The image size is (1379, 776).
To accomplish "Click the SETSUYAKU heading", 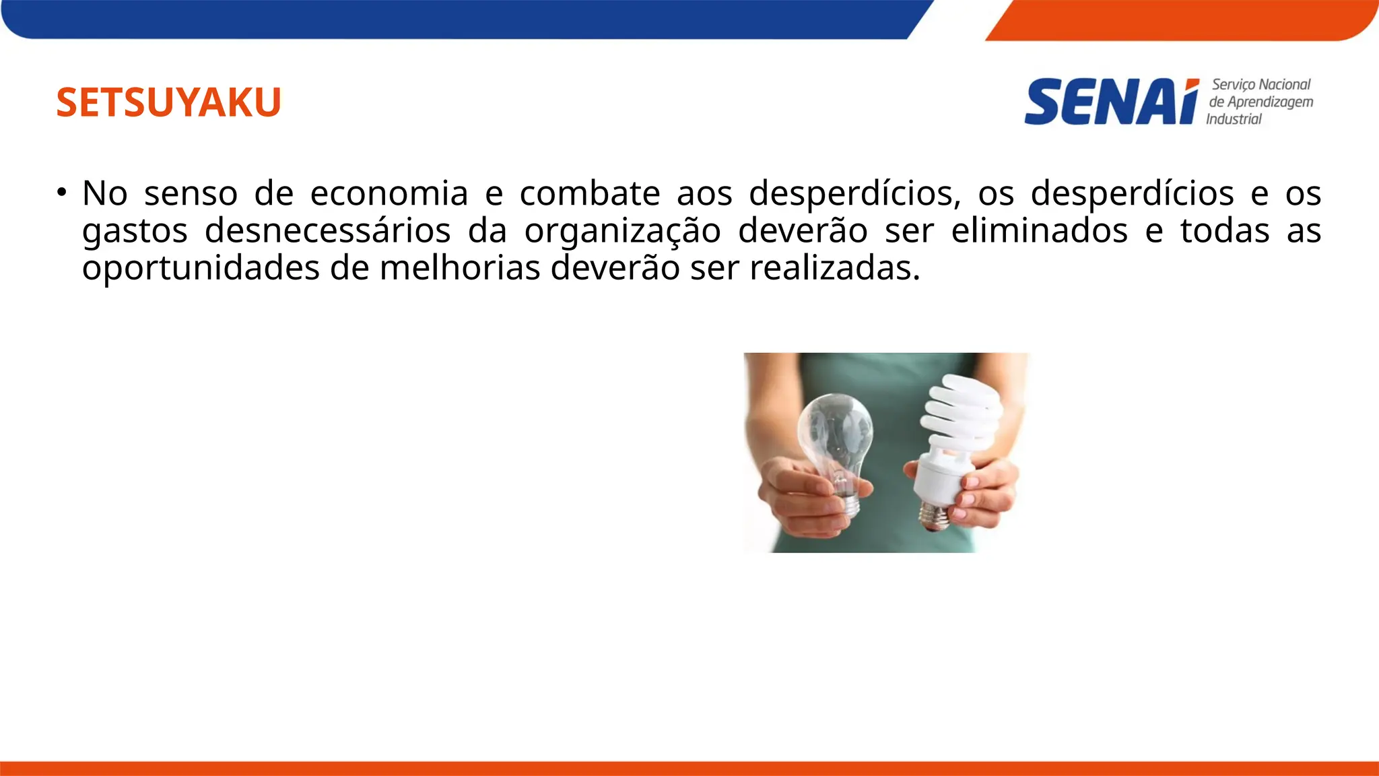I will click(168, 102).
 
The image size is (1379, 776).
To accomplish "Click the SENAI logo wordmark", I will click(1111, 102).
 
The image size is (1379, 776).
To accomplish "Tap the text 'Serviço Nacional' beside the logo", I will click(1261, 85).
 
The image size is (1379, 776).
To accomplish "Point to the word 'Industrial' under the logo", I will click(1234, 119).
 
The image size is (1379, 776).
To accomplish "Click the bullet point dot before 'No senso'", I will click(62, 193).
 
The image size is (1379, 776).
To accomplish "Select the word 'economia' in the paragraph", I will click(389, 194).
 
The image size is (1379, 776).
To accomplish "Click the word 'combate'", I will click(590, 194).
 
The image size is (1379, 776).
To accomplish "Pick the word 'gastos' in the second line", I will click(135, 232).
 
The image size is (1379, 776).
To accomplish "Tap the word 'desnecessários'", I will click(327, 232).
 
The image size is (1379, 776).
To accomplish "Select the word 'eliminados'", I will click(1039, 232).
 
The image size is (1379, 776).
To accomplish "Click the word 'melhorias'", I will click(460, 269).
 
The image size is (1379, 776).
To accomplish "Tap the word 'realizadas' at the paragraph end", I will click(831, 269).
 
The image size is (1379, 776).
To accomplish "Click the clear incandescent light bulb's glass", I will click(836, 431).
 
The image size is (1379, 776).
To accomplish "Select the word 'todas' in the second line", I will click(1225, 232).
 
